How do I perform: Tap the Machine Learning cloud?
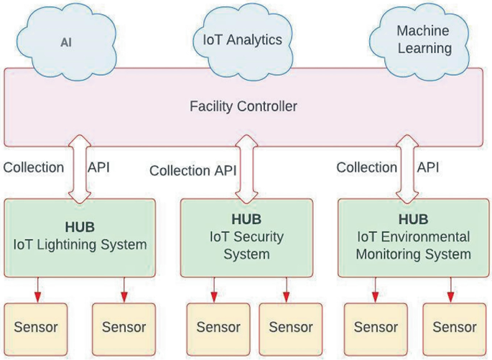[424, 40]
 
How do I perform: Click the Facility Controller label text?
[243, 106]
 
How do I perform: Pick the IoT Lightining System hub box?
[80, 238]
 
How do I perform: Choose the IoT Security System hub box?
[246, 238]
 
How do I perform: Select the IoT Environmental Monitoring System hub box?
[413, 238]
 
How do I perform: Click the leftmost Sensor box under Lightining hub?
[36, 328]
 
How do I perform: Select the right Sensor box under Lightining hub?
[124, 328]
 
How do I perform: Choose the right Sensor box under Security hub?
[290, 328]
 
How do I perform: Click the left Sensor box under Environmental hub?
[376, 328]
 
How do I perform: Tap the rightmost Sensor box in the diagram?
[454, 328]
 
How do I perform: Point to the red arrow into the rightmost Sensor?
[451, 290]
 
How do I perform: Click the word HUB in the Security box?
[246, 218]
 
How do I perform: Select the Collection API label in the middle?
[192, 171]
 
